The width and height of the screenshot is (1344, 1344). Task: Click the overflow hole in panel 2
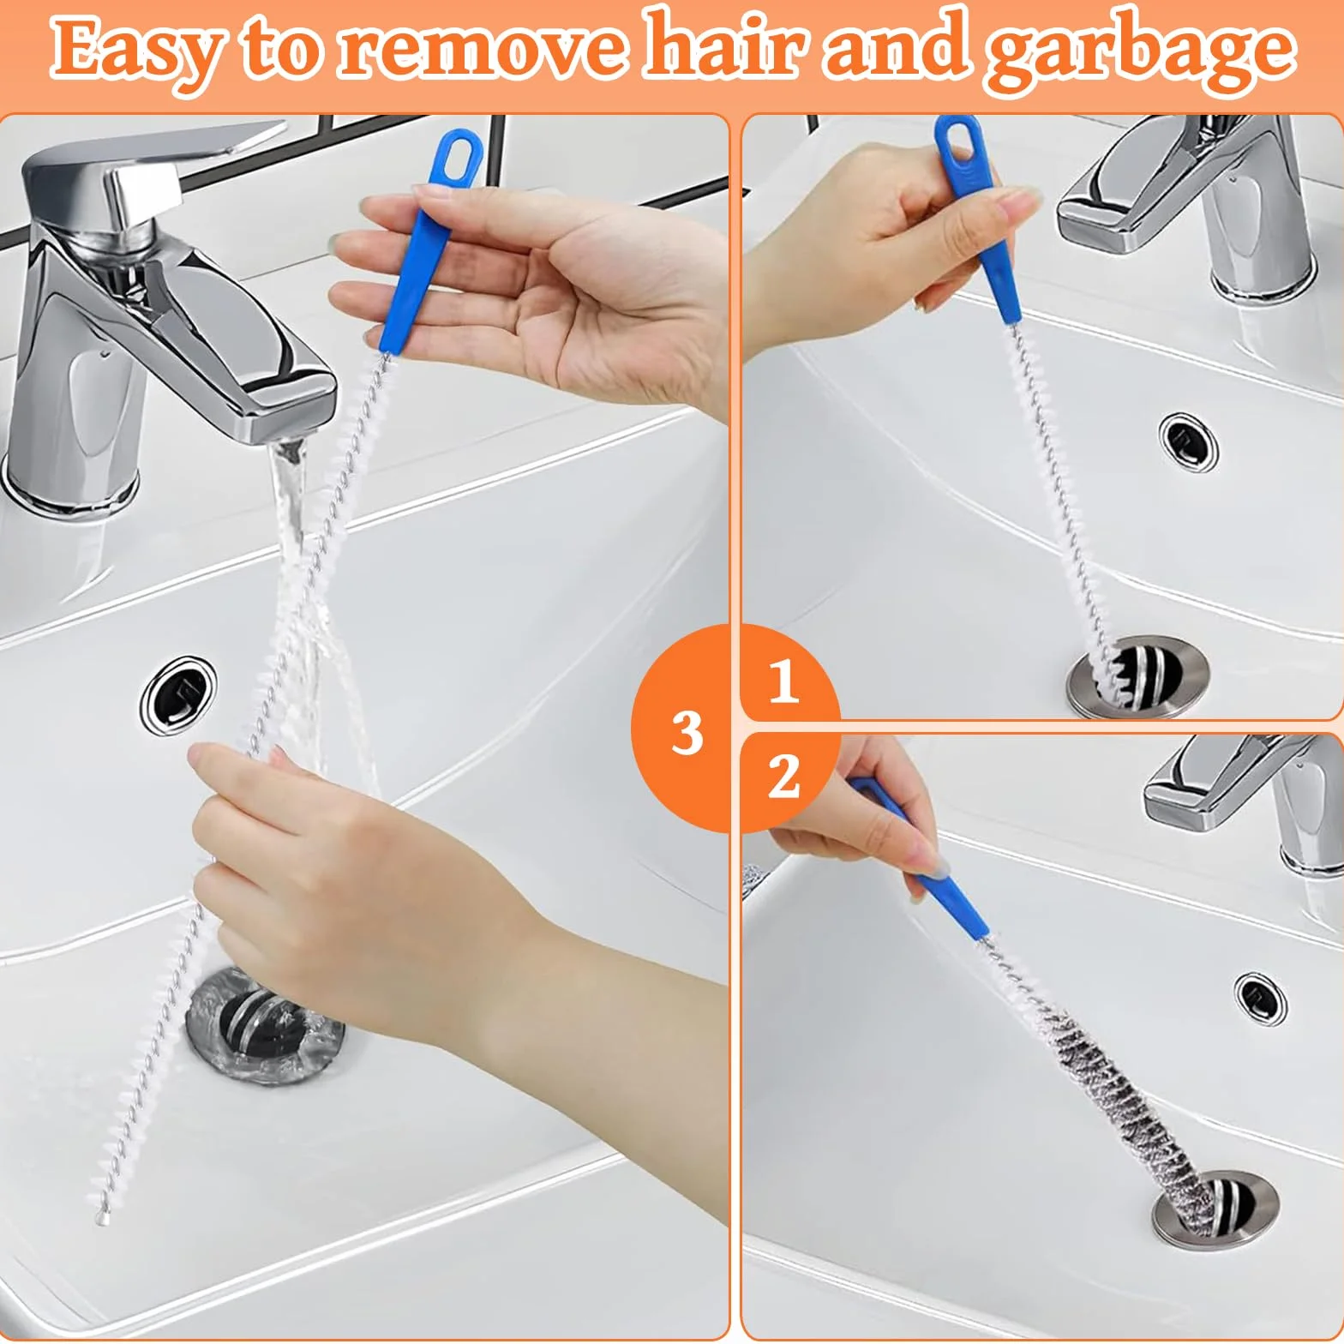coord(1261,994)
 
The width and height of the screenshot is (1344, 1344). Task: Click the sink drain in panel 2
coord(1216,1210)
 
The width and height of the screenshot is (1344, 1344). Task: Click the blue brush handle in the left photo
coord(427,242)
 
